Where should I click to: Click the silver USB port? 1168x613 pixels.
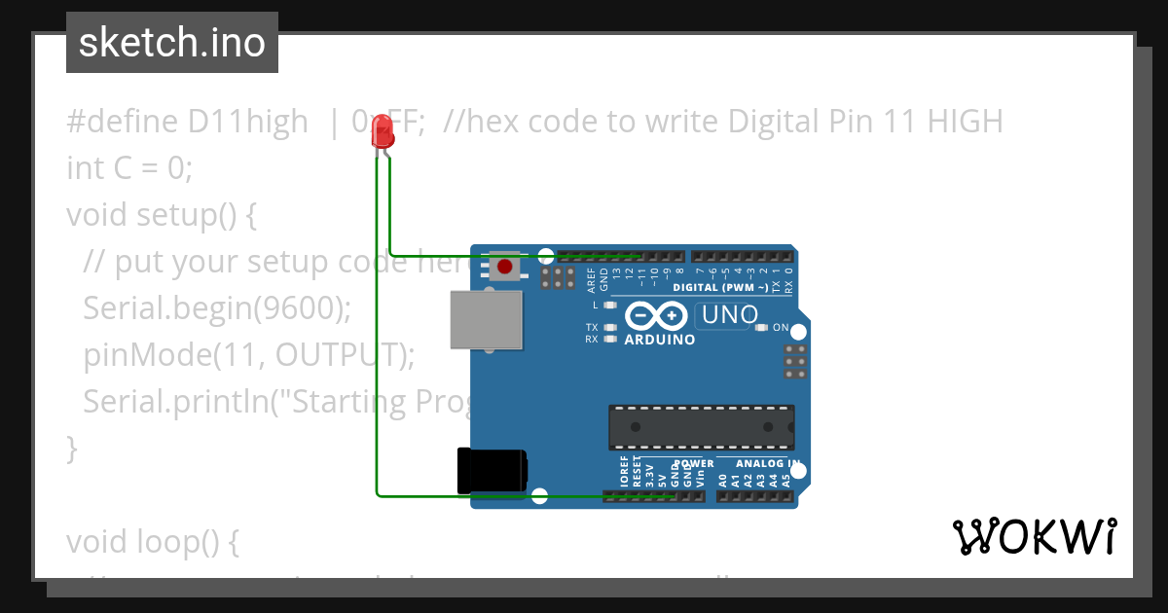coord(486,318)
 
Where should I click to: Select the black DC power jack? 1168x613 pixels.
coord(492,470)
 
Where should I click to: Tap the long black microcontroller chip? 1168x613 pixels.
coord(701,427)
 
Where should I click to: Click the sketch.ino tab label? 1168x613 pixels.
coord(172,43)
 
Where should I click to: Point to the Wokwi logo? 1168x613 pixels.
coord(1034,536)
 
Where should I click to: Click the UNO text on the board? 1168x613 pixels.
coord(729,315)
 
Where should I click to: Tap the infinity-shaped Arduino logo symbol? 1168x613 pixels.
coord(657,316)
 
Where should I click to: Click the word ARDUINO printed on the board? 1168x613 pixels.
coord(659,341)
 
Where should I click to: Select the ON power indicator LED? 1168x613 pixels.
coord(761,328)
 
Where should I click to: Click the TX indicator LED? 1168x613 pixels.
coord(610,327)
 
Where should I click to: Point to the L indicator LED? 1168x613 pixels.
coord(610,306)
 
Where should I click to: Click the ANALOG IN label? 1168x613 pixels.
coord(768,464)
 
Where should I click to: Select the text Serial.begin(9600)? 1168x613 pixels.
coord(217,308)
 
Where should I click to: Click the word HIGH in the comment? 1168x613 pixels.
coord(964,122)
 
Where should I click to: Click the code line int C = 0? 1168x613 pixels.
coord(129,168)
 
